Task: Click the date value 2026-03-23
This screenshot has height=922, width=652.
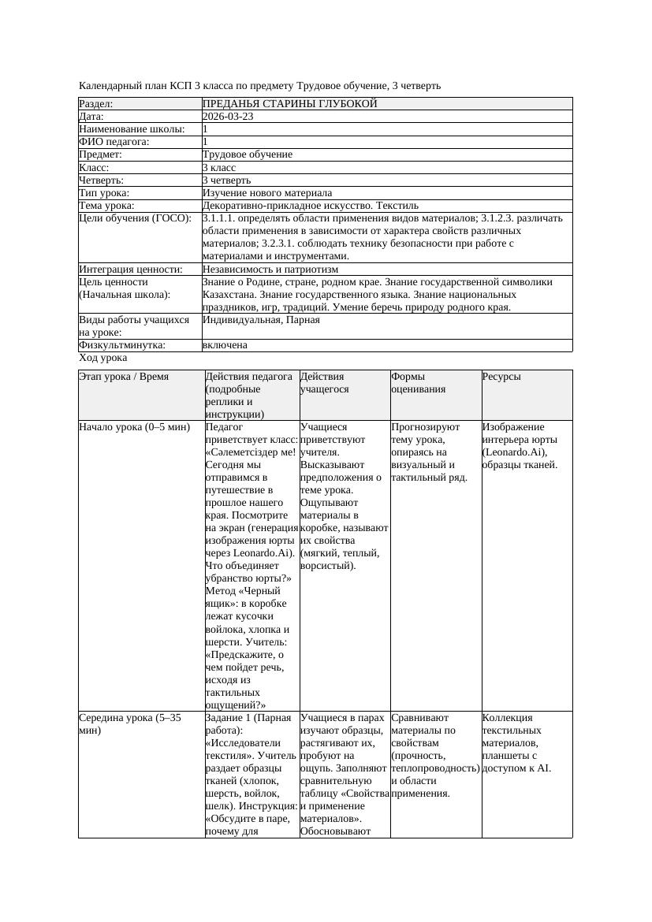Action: (x=228, y=117)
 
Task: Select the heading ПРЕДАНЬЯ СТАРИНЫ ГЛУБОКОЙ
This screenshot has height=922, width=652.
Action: (x=289, y=104)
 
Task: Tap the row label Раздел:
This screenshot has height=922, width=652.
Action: (x=96, y=104)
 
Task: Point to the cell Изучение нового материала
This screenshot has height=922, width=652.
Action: (x=267, y=193)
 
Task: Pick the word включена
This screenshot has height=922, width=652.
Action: (x=225, y=345)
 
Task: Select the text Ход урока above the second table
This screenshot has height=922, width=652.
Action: (x=102, y=358)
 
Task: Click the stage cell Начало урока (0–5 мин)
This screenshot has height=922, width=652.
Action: (x=134, y=427)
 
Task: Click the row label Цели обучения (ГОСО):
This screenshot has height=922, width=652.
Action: (x=135, y=218)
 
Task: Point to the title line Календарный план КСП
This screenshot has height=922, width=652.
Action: (x=259, y=85)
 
